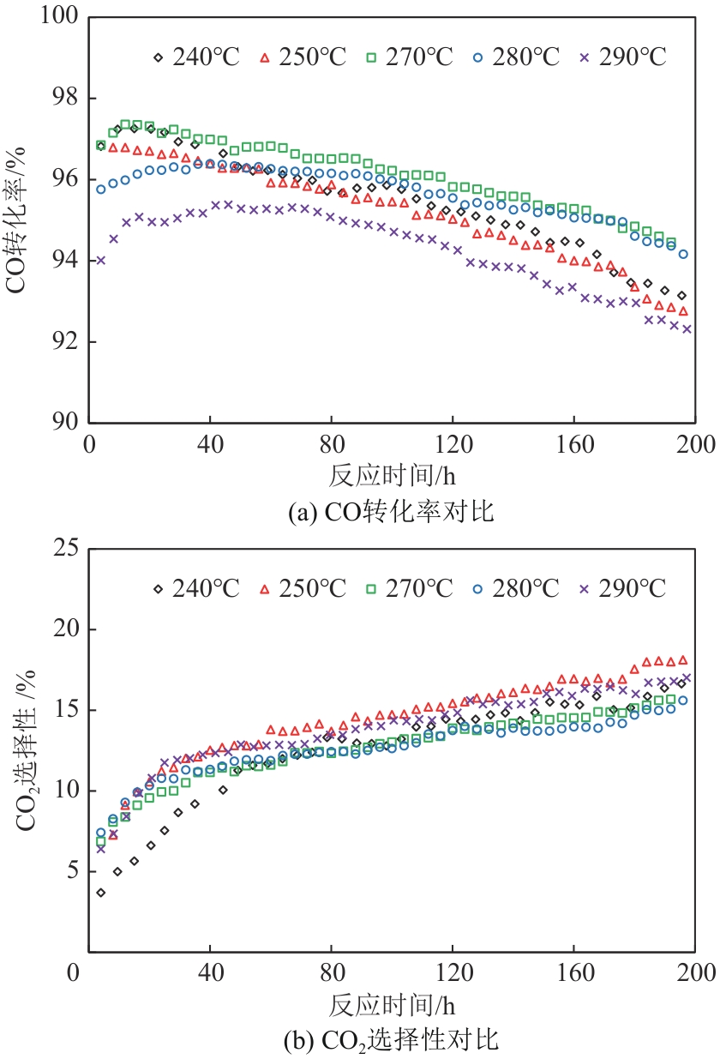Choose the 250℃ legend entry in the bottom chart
coord(303,589)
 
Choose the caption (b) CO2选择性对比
coord(390,1042)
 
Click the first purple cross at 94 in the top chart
coord(100,261)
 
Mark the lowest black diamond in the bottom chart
coord(100,893)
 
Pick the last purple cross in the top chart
coord(687,328)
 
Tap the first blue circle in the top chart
coord(100,190)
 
